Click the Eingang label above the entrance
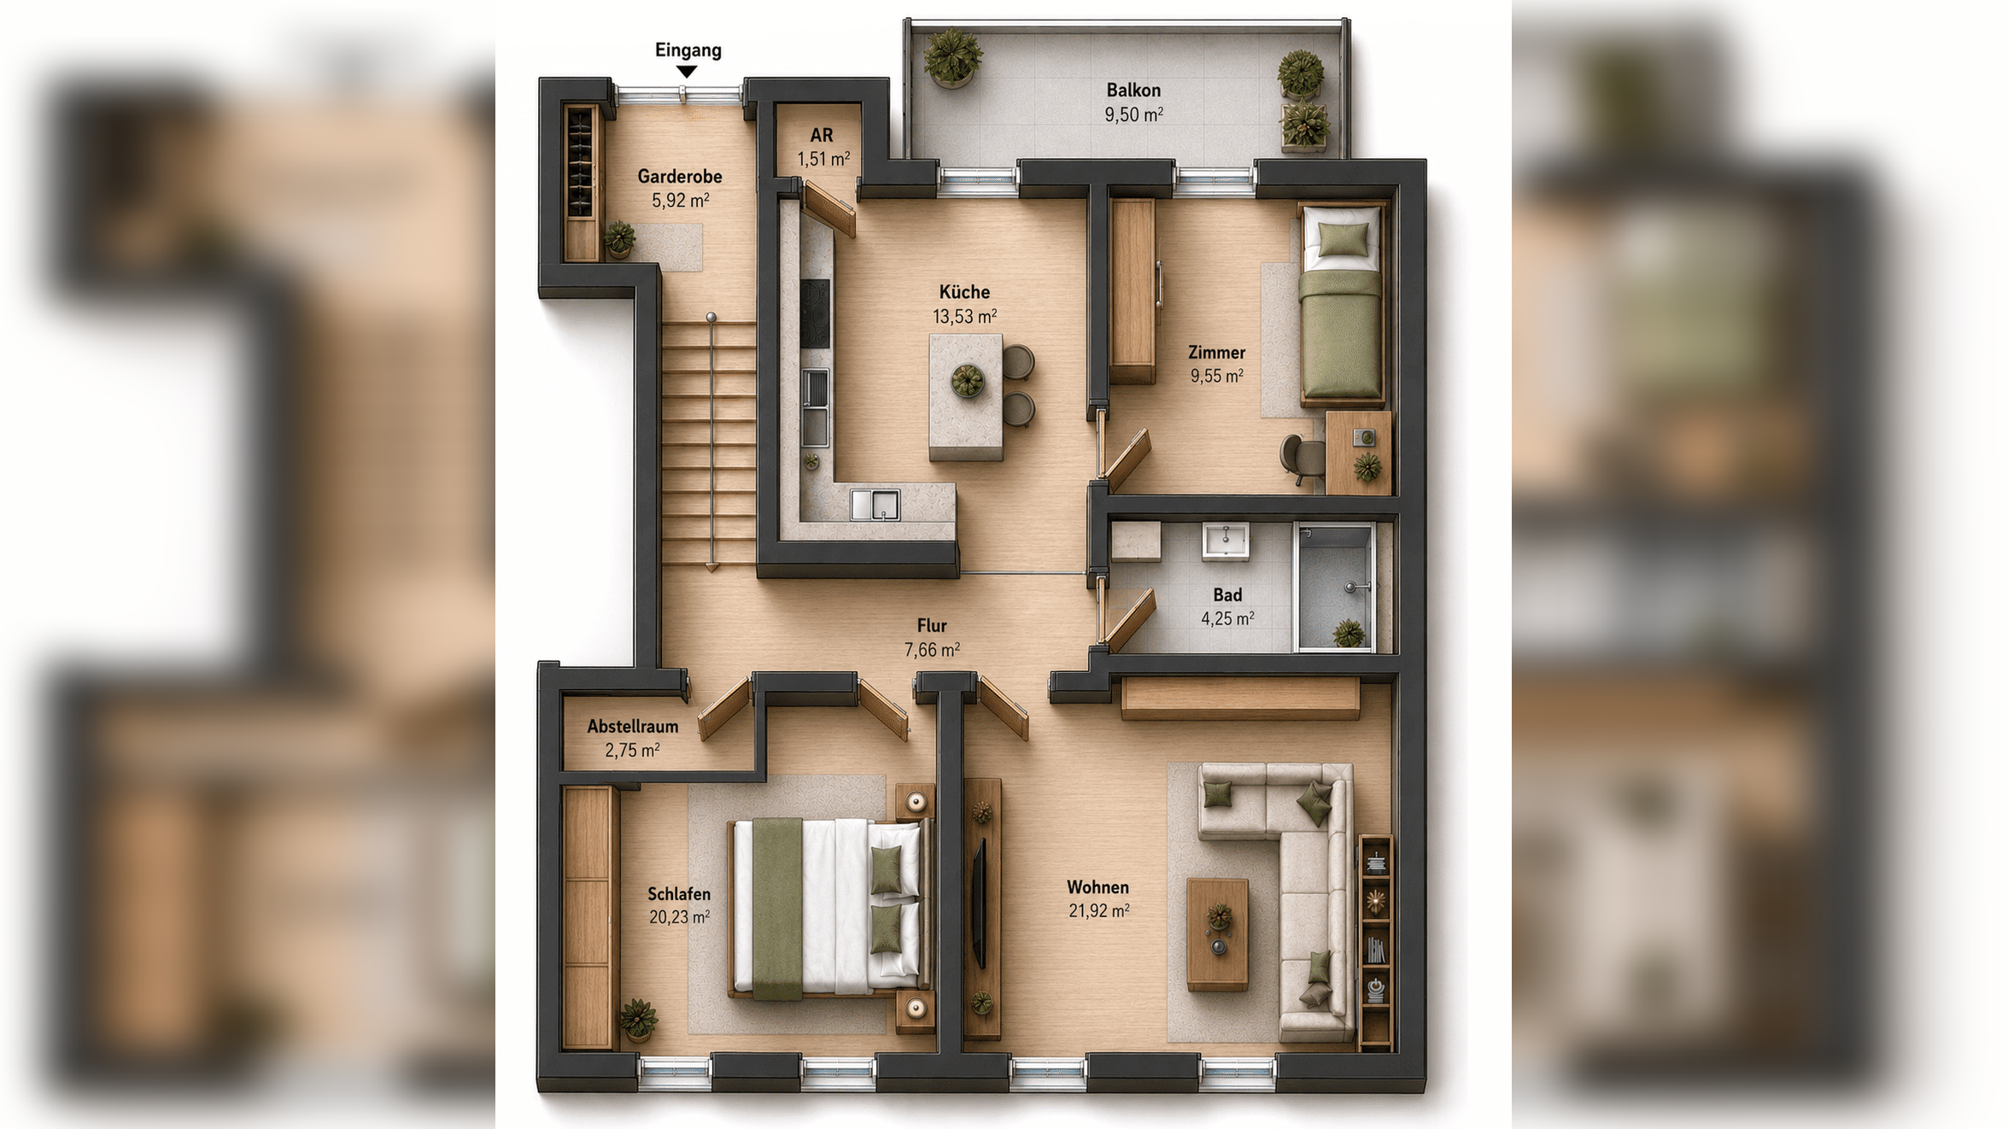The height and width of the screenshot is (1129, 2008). click(x=688, y=50)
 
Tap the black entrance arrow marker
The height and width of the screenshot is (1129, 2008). click(x=687, y=73)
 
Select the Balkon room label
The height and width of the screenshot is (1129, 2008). click(x=1133, y=91)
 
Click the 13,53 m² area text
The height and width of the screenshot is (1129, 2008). click(x=964, y=317)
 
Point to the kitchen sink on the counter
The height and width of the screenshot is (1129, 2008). click(x=875, y=504)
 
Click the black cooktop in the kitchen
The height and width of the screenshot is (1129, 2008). click(x=815, y=313)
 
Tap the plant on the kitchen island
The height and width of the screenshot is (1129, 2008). click(x=968, y=381)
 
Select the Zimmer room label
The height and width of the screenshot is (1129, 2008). click(x=1216, y=353)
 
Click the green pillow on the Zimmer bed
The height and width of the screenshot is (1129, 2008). click(x=1342, y=239)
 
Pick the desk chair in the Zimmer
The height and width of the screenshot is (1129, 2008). click(x=1302, y=458)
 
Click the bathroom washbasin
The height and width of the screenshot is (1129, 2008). click(x=1226, y=541)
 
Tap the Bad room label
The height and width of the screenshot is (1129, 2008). click(x=1227, y=595)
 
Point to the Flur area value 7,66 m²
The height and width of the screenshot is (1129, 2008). click(x=932, y=650)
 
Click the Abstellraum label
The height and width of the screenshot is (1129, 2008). click(x=633, y=727)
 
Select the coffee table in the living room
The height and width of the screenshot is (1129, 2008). click(x=1218, y=934)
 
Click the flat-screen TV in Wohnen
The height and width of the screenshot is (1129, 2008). click(x=981, y=904)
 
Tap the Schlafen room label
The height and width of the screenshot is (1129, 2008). click(x=678, y=894)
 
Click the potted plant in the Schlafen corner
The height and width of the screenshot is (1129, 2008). click(x=638, y=1020)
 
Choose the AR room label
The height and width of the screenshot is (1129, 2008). click(x=822, y=136)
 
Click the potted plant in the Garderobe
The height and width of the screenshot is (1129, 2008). click(x=619, y=239)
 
